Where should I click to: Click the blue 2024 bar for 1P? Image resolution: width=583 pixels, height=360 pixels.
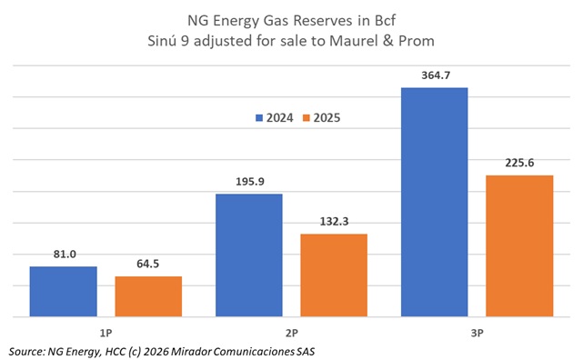point(63,292)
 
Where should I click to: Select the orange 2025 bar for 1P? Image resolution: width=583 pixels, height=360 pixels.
point(148,296)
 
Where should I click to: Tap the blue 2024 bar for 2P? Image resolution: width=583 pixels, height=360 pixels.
point(248,255)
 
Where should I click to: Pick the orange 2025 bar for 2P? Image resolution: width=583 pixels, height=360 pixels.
point(334,275)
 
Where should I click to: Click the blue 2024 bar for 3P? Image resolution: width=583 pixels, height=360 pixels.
point(434,203)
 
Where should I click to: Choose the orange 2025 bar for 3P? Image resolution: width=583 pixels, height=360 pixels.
point(519,246)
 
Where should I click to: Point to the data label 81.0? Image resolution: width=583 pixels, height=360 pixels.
point(63,255)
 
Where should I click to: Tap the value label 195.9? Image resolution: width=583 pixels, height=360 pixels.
point(248,182)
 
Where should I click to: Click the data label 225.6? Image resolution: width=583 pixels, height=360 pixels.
point(519,163)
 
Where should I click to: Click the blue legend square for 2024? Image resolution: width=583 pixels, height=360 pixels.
point(260,118)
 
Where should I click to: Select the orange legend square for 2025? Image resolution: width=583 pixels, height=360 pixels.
point(307,118)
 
